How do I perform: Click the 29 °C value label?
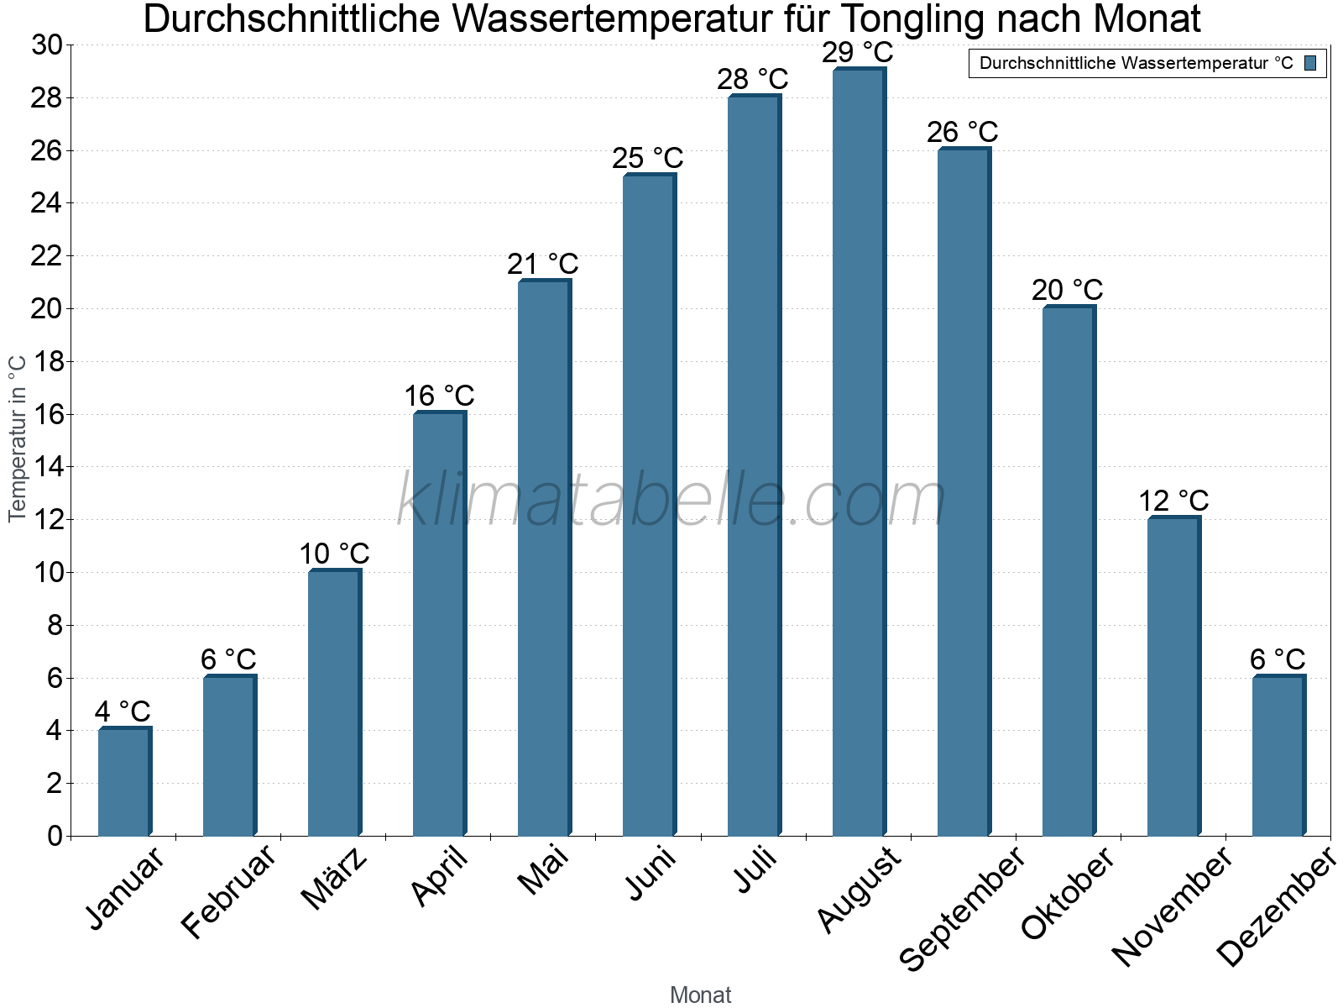coord(857,53)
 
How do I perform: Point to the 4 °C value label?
coord(123,712)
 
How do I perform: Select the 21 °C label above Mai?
coord(542,265)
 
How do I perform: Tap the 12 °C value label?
coord(1173,501)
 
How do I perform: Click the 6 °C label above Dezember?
coord(1278,659)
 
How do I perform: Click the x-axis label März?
coord(334,879)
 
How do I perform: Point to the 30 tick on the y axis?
coord(47,45)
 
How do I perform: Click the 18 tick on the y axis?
coord(47,362)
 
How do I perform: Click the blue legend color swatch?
coord(1310,63)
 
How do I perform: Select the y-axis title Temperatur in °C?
coord(18,438)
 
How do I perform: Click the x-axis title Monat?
coord(701,995)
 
